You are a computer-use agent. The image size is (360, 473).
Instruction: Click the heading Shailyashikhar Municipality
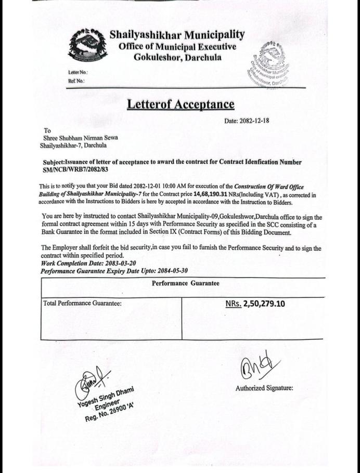176,35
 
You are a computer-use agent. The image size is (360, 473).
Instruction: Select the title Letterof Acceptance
181,104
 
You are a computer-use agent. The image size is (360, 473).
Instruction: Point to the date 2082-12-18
254,121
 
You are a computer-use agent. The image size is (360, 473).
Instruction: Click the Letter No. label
78,72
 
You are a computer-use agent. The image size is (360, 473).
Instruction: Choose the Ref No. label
76,81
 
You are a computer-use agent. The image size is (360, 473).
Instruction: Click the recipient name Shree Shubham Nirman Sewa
81,138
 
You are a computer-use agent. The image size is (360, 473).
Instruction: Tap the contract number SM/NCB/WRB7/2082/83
75,169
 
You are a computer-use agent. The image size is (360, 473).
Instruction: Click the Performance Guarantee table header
185,283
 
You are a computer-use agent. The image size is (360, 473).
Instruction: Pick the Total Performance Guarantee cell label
83,304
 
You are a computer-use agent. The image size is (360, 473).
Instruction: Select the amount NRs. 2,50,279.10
255,304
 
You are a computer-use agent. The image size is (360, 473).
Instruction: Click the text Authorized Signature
264,388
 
